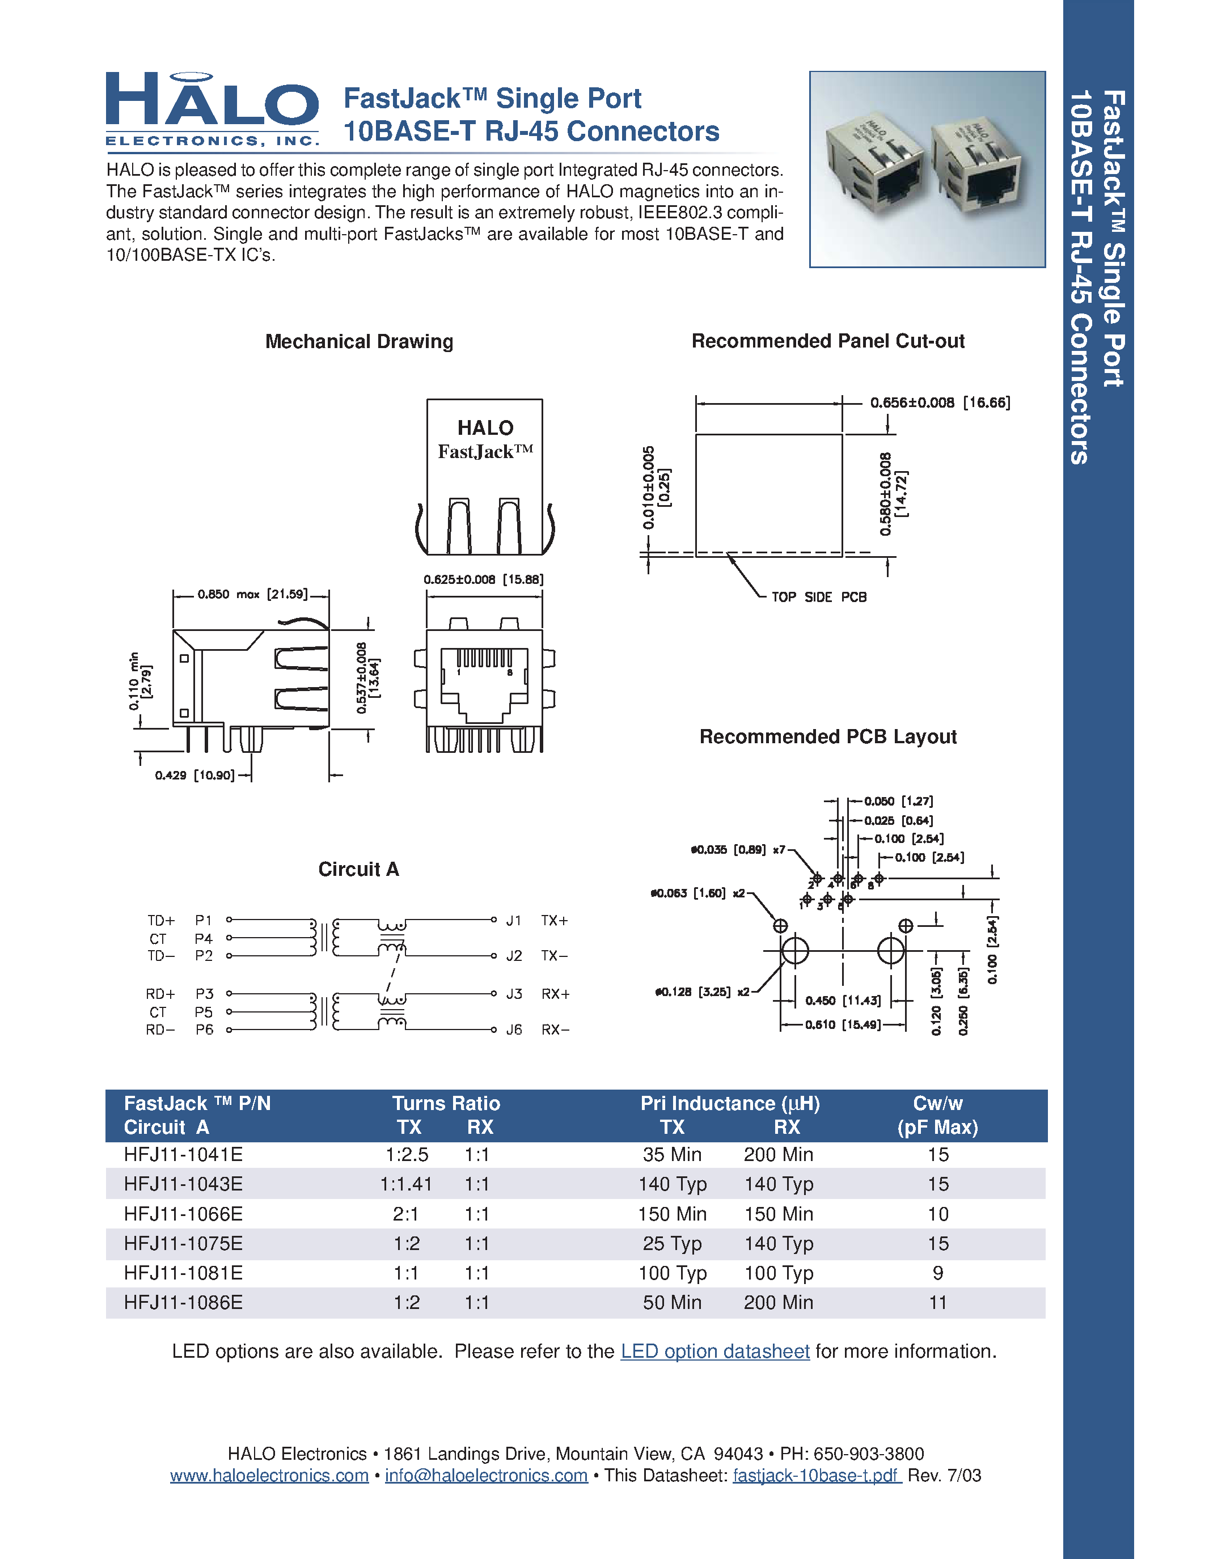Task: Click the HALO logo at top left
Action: [x=212, y=108]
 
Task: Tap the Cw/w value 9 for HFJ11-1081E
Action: [x=937, y=1273]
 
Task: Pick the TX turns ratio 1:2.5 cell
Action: [x=407, y=1154]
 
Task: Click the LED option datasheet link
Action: [x=714, y=1352]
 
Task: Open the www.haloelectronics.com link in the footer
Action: [x=269, y=1476]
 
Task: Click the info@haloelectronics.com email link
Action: [x=486, y=1476]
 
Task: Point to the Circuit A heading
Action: [x=358, y=870]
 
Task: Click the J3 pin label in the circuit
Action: [x=514, y=994]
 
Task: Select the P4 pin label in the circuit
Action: [x=204, y=939]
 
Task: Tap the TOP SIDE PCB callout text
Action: [x=819, y=597]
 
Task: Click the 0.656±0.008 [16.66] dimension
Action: [x=940, y=403]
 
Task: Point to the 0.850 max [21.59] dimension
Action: [x=252, y=594]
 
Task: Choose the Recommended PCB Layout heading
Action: [x=827, y=736]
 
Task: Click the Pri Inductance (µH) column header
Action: [x=730, y=1104]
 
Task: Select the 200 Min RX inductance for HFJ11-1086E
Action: [x=778, y=1302]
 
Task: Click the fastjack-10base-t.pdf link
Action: [x=817, y=1476]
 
